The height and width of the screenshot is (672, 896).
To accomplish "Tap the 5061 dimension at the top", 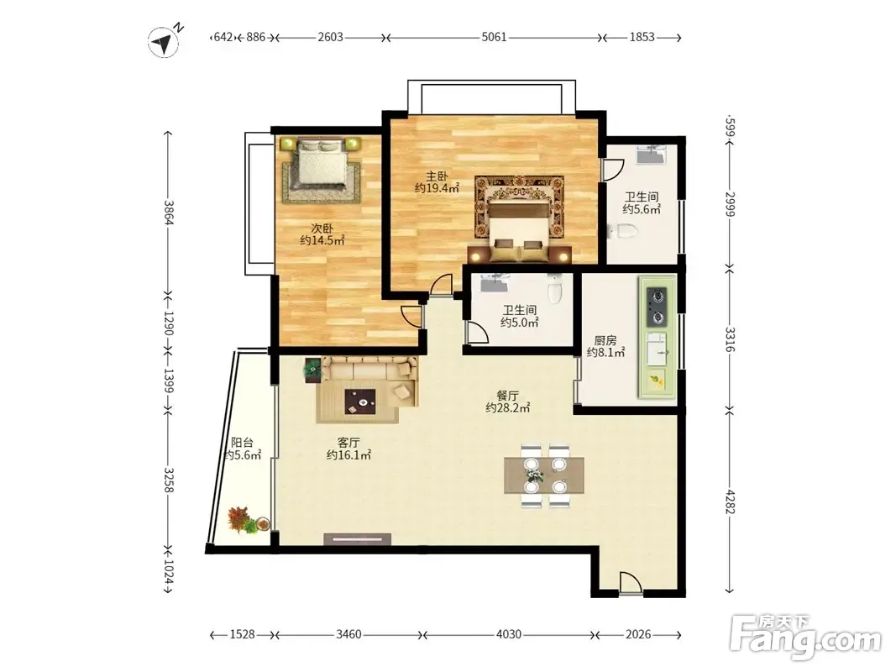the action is pos(494,37).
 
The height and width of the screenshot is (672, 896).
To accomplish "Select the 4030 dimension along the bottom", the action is pos(508,634).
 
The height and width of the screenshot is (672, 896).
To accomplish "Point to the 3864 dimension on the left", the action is pos(169,213).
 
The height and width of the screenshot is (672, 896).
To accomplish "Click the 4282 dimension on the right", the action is pos(730,501).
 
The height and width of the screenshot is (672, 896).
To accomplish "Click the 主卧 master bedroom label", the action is pos(436,176).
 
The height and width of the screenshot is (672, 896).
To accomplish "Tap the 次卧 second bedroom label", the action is pos(322,228).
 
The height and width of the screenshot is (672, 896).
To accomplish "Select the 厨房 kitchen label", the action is pos(605,340).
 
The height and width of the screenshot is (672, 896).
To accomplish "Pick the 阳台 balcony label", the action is pos(243,443).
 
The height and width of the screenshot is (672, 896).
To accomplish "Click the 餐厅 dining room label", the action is pos(507,396).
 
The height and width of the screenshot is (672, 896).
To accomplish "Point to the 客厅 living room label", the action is pos(348,443).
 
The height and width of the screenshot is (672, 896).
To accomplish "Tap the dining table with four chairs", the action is pos(545,475).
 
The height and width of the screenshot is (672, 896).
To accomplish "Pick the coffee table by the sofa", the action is pos(360,402).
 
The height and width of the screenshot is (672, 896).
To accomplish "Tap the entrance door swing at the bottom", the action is pos(631,583).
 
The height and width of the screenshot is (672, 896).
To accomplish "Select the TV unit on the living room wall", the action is pos(357,538).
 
